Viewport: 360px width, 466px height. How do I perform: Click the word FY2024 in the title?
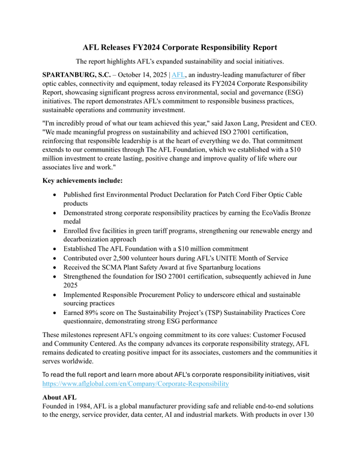coord(152,47)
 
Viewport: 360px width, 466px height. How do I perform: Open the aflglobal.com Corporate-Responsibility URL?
coord(135,382)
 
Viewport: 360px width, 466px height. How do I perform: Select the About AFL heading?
coord(62,397)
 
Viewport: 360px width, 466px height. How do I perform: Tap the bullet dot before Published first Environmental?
coord(55,195)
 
